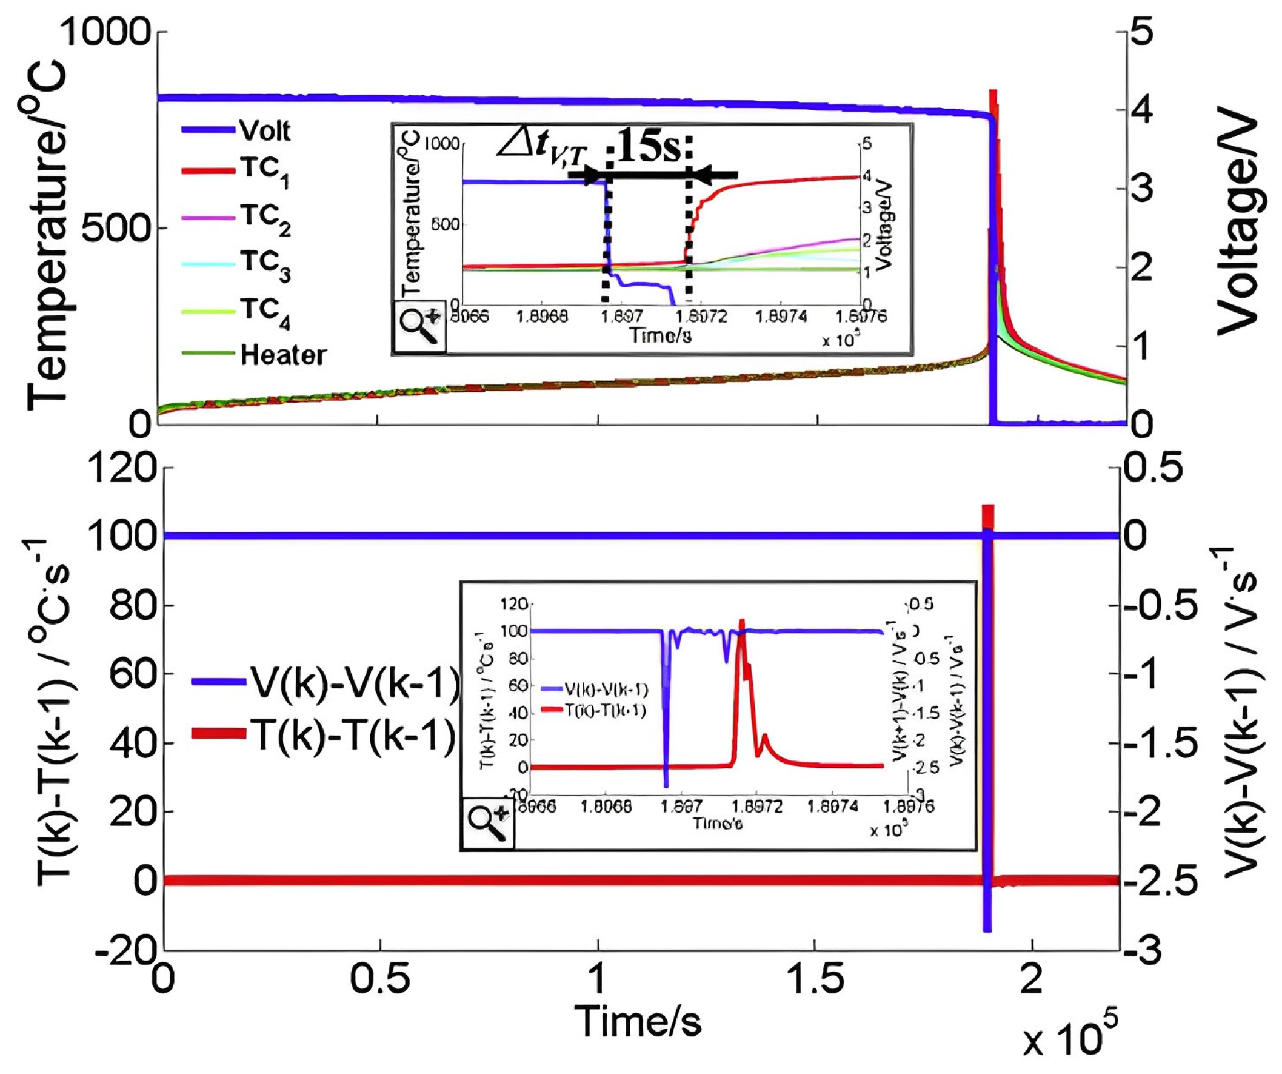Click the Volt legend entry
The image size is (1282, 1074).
[x=264, y=131]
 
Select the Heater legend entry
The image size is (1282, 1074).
[x=282, y=355]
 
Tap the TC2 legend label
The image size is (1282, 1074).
[x=264, y=218]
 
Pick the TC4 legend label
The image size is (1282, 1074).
[x=264, y=311]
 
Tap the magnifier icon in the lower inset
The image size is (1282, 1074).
[x=488, y=823]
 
